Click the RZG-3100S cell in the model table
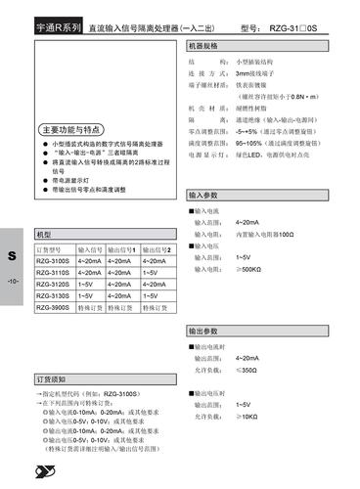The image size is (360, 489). tap(53, 262)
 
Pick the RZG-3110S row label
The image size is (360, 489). tap(53, 273)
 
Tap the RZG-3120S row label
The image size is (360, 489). tap(53, 284)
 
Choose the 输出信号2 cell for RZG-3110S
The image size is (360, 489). tap(153, 273)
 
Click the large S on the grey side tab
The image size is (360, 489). tap(13, 256)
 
